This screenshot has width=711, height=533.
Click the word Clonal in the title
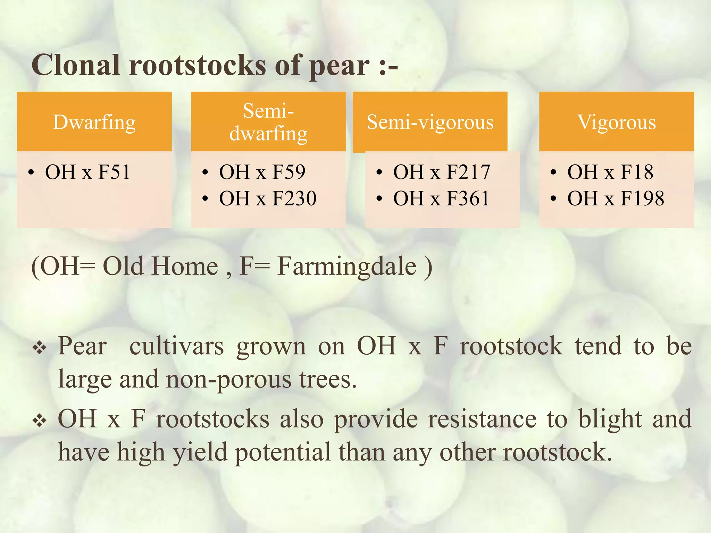[x=76, y=65]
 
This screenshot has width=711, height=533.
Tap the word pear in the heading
[x=339, y=66]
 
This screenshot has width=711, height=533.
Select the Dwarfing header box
[x=94, y=122]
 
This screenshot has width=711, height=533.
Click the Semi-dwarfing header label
[x=268, y=122]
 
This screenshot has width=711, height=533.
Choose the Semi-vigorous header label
[x=430, y=122]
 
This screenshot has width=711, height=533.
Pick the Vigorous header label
[x=617, y=122]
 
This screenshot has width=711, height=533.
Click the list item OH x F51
[x=87, y=172]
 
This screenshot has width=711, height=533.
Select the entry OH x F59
[x=262, y=172]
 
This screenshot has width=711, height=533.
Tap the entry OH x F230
[x=268, y=198]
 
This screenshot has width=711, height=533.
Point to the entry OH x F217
[x=442, y=172]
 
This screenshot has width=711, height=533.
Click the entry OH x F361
[x=441, y=198]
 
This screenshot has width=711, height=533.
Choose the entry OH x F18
[x=610, y=172]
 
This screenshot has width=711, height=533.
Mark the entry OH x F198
[x=616, y=198]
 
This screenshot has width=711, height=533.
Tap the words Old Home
[x=160, y=266]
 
